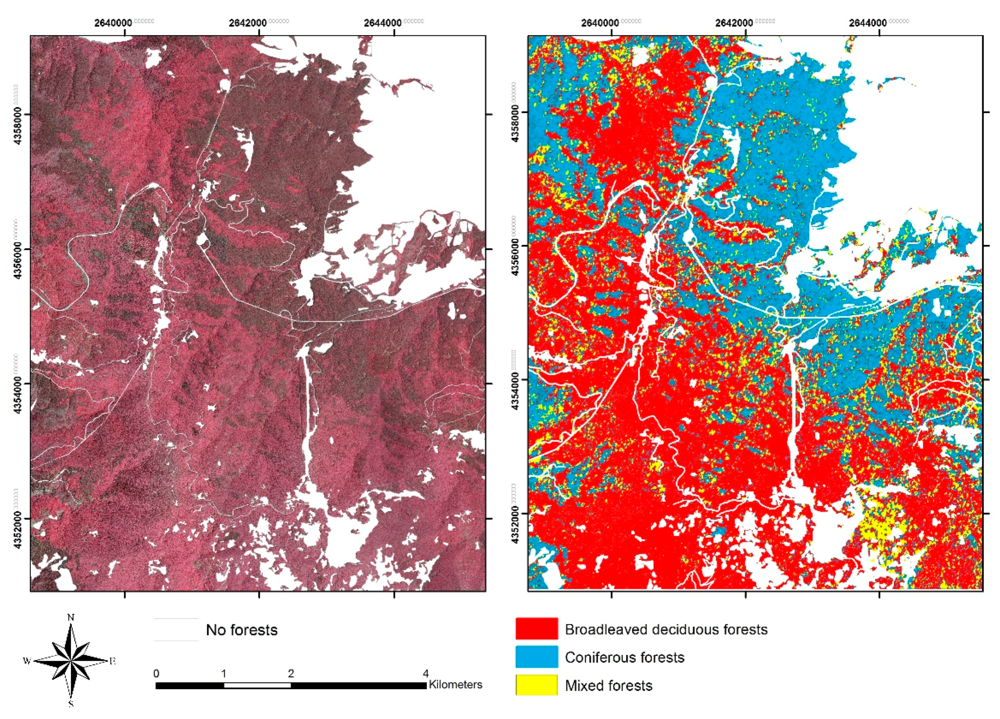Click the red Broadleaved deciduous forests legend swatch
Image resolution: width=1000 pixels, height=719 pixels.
(x=536, y=629)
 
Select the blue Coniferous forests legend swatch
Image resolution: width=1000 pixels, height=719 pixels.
(x=536, y=657)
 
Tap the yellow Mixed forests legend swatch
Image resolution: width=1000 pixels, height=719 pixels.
(x=536, y=685)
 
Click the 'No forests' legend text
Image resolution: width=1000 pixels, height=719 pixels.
(x=242, y=630)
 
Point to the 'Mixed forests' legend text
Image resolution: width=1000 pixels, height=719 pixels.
(x=608, y=686)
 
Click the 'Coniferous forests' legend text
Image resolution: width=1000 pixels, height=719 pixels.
(x=624, y=657)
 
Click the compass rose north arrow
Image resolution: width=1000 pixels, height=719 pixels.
(x=70, y=660)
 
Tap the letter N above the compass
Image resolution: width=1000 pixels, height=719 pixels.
(x=70, y=618)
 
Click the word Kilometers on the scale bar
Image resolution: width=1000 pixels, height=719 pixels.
(x=456, y=684)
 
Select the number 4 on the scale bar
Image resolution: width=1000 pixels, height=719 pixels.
(x=426, y=674)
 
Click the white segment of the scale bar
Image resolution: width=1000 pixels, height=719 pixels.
(x=257, y=686)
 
